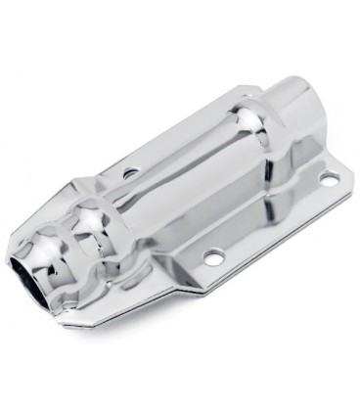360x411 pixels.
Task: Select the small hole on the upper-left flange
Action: (x=129, y=174)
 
